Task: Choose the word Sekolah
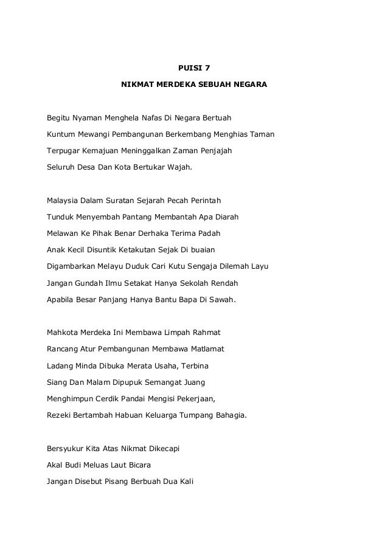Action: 192,283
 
